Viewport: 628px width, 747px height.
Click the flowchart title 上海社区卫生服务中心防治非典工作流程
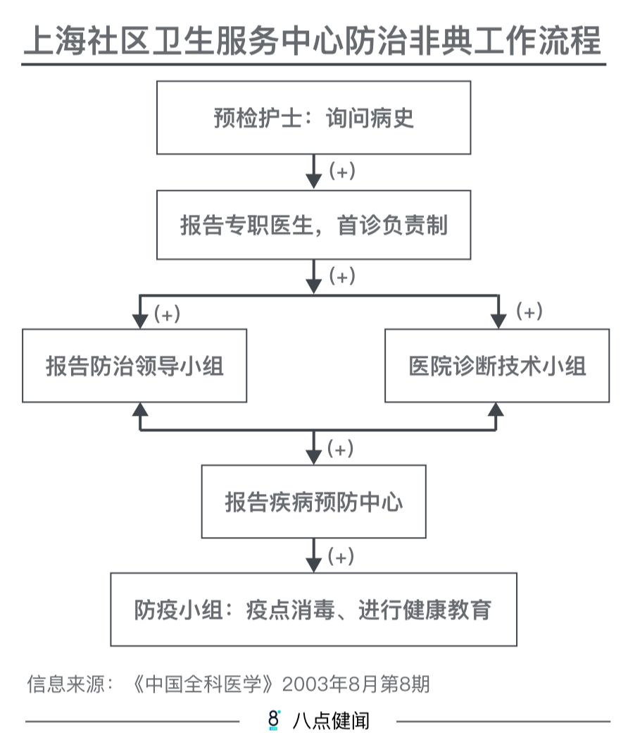coord(313,41)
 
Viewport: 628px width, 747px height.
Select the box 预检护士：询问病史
coord(313,118)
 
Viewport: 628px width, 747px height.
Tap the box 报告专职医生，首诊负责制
coord(313,225)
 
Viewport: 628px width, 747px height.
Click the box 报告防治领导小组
coord(134,366)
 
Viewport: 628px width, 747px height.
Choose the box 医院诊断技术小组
coord(497,366)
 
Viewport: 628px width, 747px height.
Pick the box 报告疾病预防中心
coord(313,501)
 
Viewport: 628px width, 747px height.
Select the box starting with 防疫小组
coord(313,609)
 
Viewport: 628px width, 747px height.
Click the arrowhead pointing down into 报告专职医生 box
coord(314,180)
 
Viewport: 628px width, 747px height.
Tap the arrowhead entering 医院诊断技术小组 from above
coord(498,321)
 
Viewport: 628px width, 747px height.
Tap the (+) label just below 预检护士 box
coord(342,171)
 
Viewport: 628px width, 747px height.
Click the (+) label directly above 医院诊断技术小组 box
coord(529,312)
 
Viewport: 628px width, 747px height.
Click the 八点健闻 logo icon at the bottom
coord(274,720)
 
